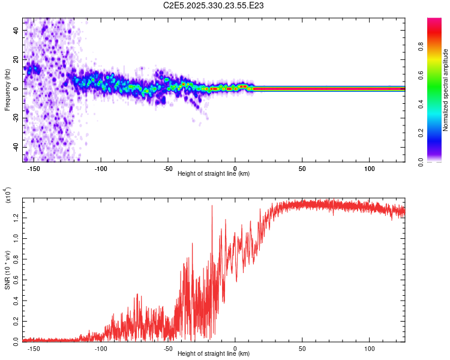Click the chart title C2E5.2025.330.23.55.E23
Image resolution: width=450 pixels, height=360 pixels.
pyautogui.click(x=214, y=5)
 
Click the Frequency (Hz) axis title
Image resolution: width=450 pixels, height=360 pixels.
pyautogui.click(x=7, y=90)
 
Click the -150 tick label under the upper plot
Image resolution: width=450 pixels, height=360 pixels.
pyautogui.click(x=33, y=168)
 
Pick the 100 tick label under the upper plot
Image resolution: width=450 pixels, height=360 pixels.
pyautogui.click(x=370, y=168)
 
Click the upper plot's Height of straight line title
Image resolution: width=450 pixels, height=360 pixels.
pyautogui.click(x=214, y=174)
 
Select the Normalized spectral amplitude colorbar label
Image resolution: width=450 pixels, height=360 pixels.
pyautogui.click(x=446, y=90)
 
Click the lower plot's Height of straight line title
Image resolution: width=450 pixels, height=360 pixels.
pyautogui.click(x=214, y=354)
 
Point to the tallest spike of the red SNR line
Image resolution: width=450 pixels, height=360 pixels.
pyautogui.click(x=212, y=206)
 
